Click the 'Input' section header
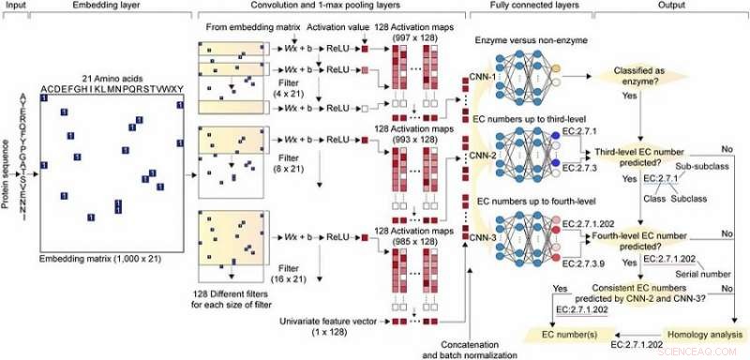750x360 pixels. pyautogui.click(x=16, y=7)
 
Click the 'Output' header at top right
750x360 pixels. pyautogui.click(x=652, y=7)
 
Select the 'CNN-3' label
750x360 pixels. pyautogui.click(x=483, y=235)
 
